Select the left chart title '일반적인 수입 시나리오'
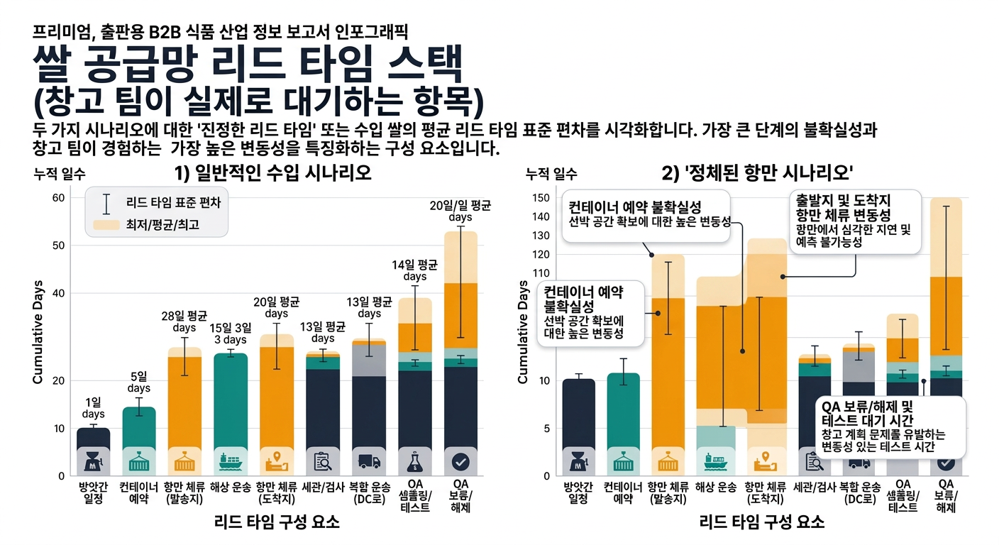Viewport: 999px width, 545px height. [273, 173]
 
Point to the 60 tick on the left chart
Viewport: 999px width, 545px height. [58, 197]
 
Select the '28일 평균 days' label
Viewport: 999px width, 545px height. [184, 321]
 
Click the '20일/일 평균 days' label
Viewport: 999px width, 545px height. [460, 211]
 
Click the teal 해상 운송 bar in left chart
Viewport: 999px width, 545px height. [230, 397]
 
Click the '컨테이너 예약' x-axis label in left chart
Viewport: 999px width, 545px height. [139, 492]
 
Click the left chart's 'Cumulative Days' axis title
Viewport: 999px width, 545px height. [38, 338]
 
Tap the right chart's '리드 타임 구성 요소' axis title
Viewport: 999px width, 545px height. [762, 523]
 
